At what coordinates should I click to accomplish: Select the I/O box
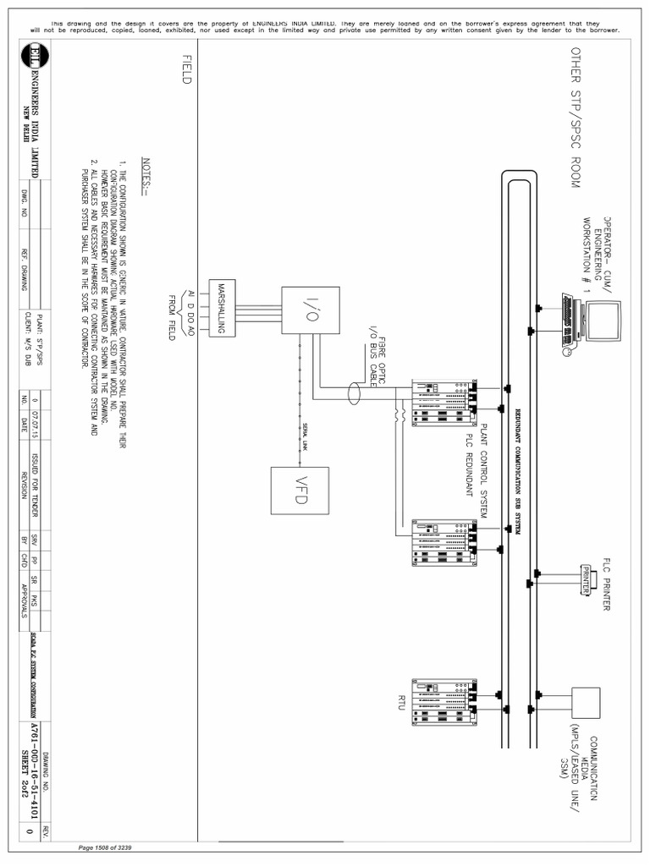click(311, 310)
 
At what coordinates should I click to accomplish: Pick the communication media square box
click(587, 702)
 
